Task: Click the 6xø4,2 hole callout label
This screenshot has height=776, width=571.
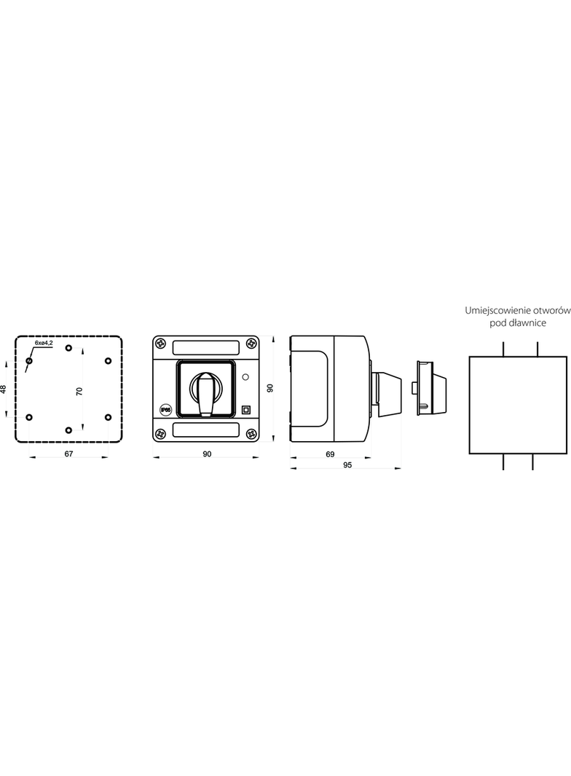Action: tap(44, 342)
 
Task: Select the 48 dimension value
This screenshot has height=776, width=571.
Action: tap(4, 389)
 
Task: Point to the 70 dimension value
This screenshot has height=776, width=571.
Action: tap(79, 392)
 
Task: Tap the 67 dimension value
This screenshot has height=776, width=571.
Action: tap(69, 454)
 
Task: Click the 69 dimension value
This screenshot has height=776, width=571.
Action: tap(331, 454)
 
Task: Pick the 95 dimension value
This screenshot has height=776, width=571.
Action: tap(347, 465)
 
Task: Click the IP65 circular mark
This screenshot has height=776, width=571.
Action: tap(166, 410)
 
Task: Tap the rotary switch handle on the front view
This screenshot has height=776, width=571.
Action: tap(205, 394)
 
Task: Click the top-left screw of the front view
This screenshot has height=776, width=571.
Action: tap(160, 342)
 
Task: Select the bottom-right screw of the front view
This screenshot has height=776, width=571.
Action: tap(252, 434)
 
